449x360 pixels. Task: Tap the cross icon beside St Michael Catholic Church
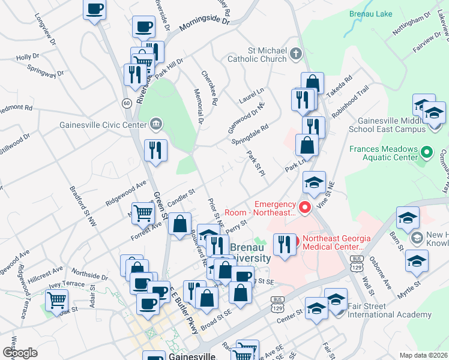click(x=295, y=55)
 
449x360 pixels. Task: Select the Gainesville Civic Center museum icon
click(x=155, y=124)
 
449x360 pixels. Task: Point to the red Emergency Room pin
click(x=305, y=208)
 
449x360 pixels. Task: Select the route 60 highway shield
click(x=126, y=103)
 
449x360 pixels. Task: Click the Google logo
click(x=20, y=352)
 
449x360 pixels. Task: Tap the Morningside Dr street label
click(x=205, y=25)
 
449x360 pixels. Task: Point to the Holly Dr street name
click(x=28, y=58)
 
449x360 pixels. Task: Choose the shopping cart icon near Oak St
click(x=56, y=299)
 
